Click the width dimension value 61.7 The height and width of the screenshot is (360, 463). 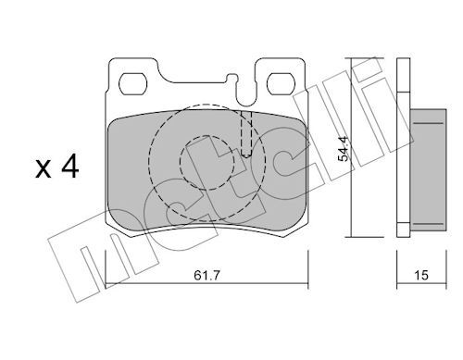tap(206, 275)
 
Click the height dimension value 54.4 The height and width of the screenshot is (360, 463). tap(343, 149)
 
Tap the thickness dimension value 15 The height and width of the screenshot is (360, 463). tap(421, 275)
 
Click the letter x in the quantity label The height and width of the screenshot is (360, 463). tap(43, 169)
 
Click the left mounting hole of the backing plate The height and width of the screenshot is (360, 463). tap(133, 84)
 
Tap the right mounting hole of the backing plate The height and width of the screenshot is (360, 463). tap(282, 84)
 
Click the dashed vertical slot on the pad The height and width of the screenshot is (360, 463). tap(246, 134)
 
